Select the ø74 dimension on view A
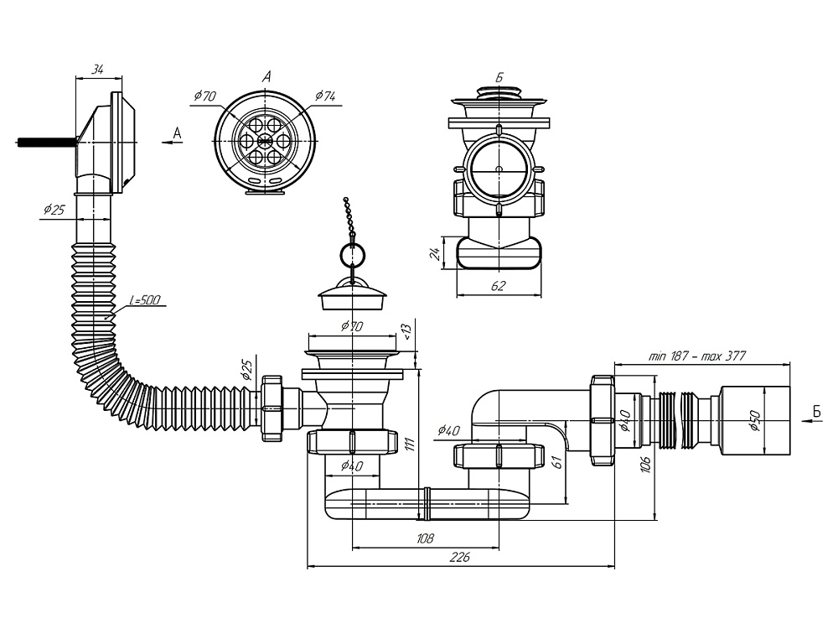click(x=325, y=96)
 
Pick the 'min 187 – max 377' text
click(x=697, y=356)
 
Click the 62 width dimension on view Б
click(x=498, y=287)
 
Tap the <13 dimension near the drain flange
click(x=406, y=333)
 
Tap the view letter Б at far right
click(x=815, y=410)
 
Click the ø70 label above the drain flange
click(x=352, y=326)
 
